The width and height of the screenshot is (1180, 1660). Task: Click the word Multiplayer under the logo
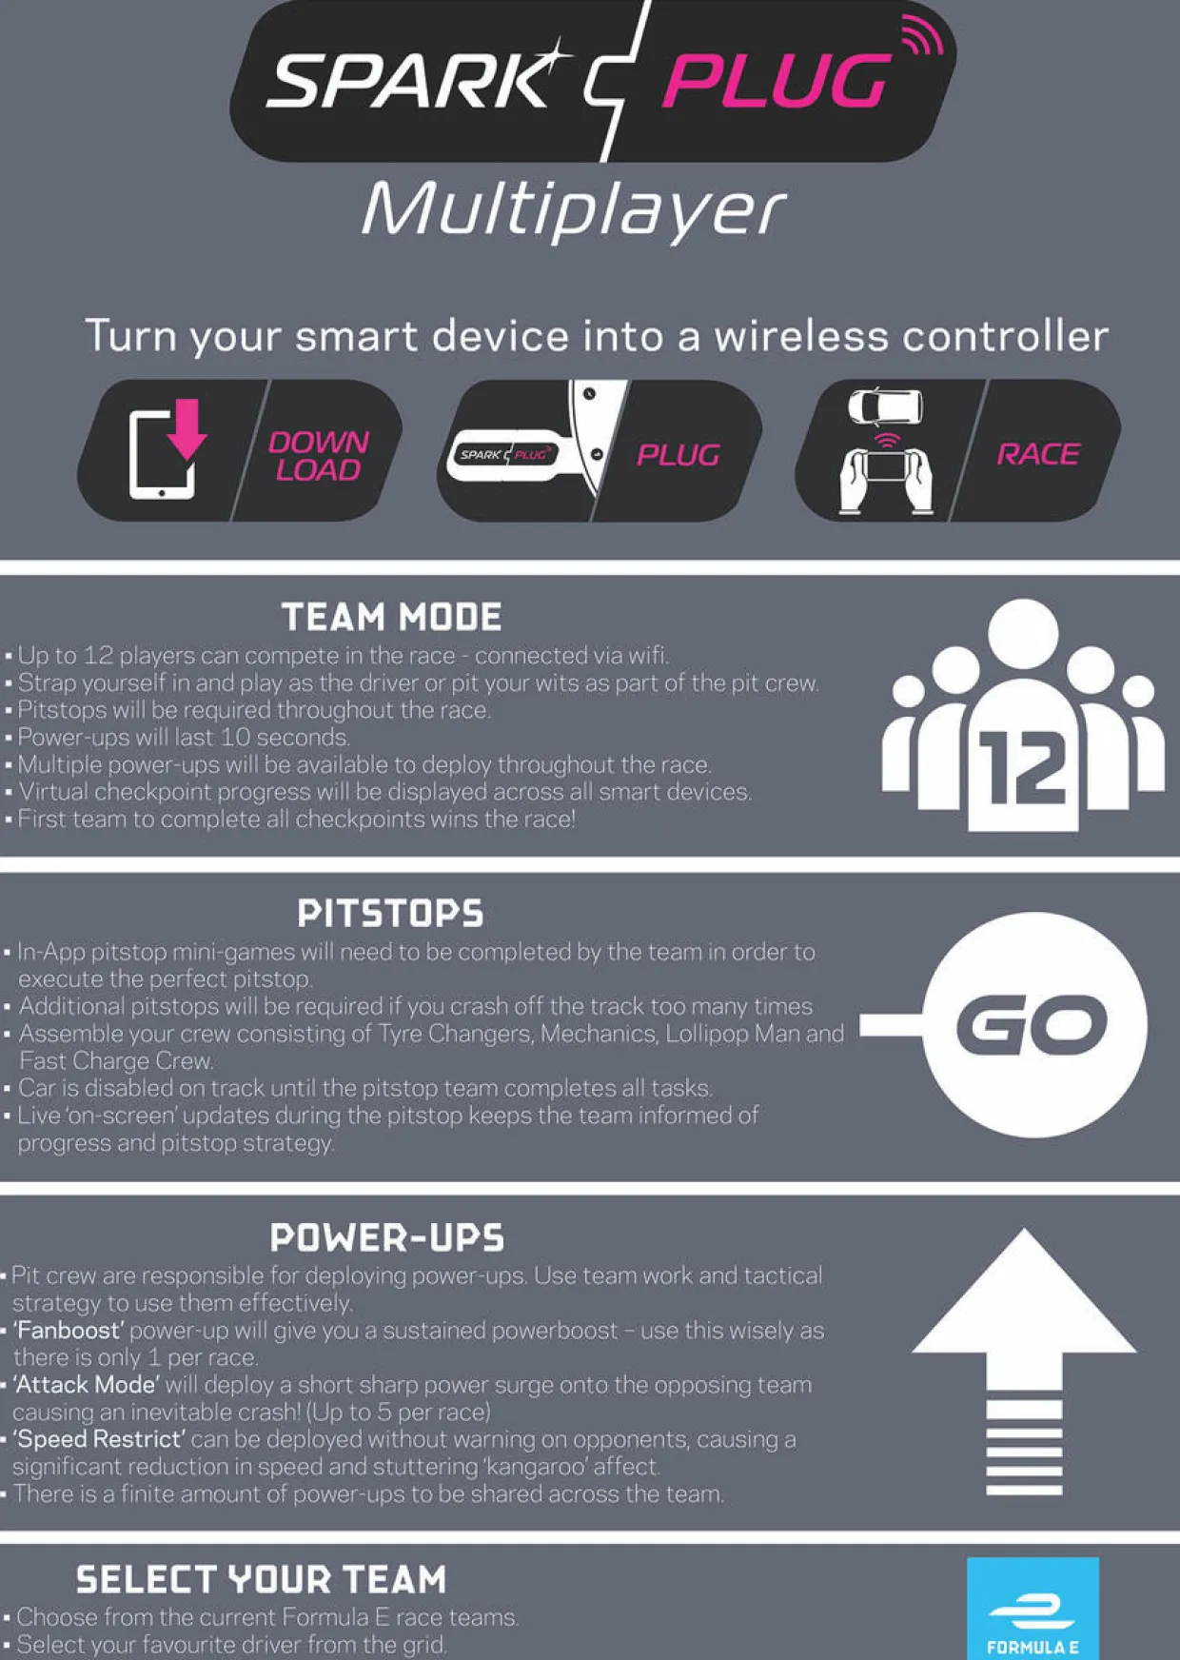click(x=574, y=209)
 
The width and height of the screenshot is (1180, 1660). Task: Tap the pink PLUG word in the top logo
click(x=777, y=81)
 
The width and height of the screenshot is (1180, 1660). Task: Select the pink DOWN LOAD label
click(x=318, y=455)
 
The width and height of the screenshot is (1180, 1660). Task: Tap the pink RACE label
click(x=1038, y=454)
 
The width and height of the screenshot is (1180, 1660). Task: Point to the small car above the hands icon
click(x=885, y=406)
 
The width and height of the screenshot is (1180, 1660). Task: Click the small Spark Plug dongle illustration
click(x=503, y=454)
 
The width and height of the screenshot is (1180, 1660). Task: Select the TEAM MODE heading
click(x=391, y=617)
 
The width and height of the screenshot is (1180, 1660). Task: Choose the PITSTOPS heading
click(x=390, y=914)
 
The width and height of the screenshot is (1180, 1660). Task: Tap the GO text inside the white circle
click(x=1032, y=1025)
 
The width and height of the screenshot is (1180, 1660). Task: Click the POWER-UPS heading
click(x=387, y=1237)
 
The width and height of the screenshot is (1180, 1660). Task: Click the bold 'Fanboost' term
click(x=69, y=1330)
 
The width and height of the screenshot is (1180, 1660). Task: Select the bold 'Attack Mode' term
click(x=86, y=1384)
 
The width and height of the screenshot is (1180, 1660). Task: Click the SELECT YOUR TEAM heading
click(x=261, y=1580)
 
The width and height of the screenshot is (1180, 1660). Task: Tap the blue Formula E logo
click(x=1032, y=1609)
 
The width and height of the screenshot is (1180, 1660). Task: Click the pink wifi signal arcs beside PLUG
click(x=921, y=36)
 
